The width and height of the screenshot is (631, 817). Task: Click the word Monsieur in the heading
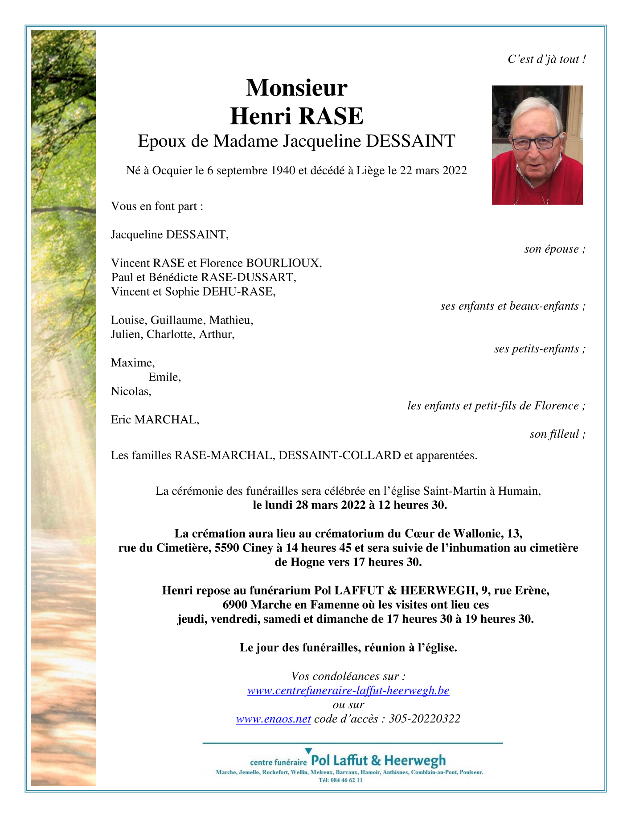(296, 88)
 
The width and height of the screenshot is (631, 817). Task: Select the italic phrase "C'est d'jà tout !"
(546, 59)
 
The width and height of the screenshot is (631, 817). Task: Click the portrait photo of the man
(537, 145)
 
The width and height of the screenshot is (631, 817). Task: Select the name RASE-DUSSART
(248, 277)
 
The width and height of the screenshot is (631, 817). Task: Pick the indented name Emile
(164, 377)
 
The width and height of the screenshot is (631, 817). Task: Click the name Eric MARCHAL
(155, 420)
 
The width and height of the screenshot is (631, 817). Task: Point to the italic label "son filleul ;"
(557, 434)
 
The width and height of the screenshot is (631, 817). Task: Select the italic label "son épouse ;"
(554, 249)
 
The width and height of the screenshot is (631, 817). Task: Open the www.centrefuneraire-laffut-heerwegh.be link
(348, 690)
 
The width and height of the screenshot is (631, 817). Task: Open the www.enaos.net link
(273, 719)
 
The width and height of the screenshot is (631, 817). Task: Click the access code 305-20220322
(424, 719)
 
